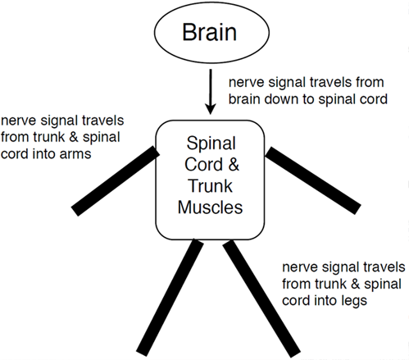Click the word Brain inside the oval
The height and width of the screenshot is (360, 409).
coord(209,32)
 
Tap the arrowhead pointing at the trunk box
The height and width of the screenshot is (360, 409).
coord(211,109)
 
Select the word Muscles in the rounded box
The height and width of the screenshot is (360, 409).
coord(210,207)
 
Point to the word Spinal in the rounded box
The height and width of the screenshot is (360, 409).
coord(211,143)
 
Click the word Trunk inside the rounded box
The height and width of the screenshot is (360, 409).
coord(210,186)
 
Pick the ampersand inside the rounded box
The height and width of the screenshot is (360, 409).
coord(234,165)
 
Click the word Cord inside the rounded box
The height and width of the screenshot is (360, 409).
coord(204,165)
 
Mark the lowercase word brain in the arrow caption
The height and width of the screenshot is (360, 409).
coord(244,99)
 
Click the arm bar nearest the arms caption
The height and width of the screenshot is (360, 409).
coord(116,181)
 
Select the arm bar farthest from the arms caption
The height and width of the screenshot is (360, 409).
coord(313,180)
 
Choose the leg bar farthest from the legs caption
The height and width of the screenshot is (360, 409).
coord(170,298)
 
